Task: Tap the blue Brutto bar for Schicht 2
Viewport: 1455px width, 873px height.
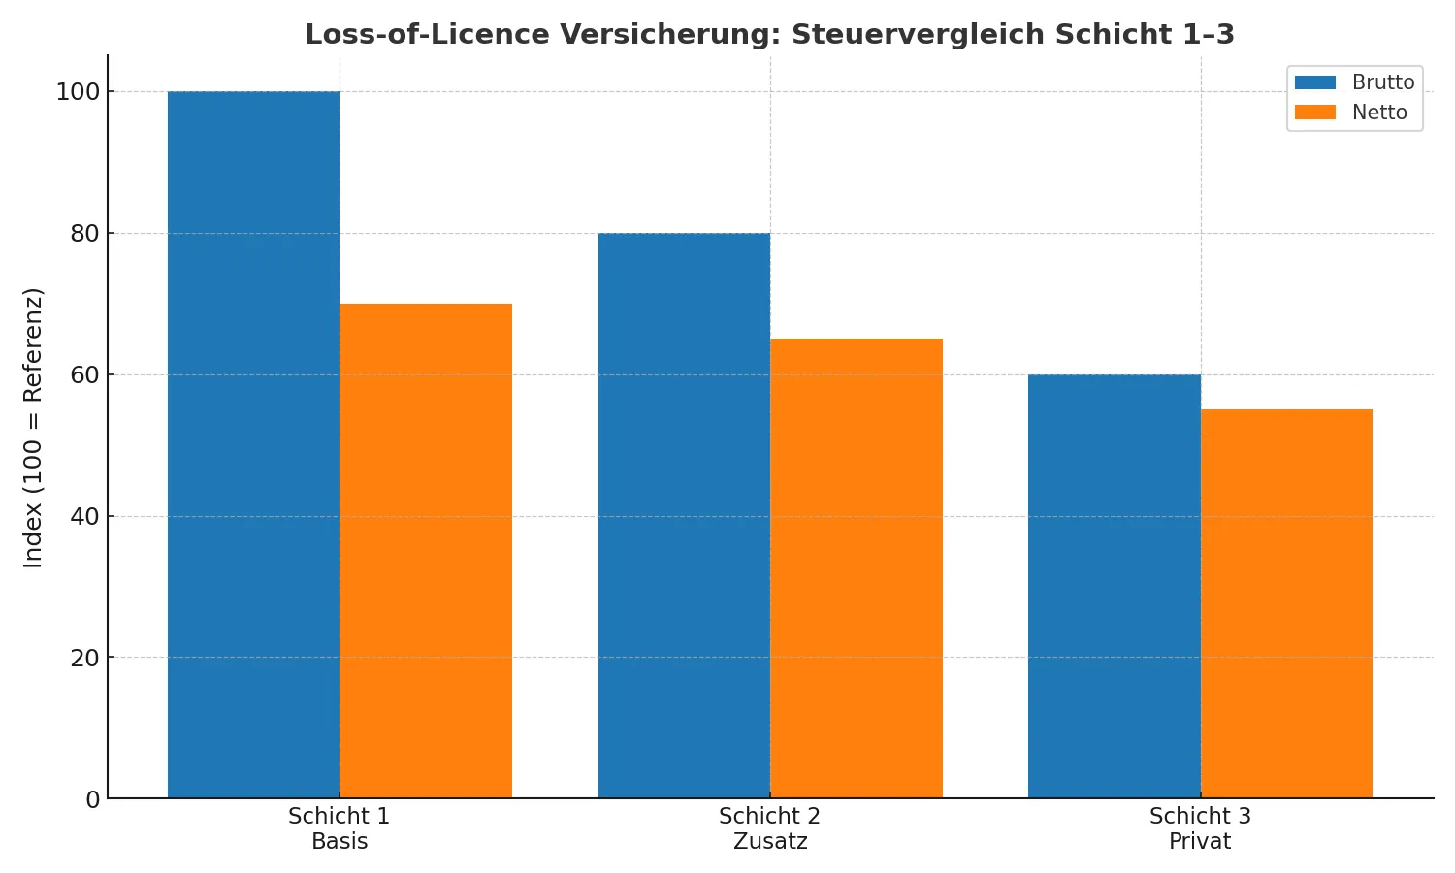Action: tap(684, 515)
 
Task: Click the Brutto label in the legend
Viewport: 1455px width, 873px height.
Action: tap(1383, 82)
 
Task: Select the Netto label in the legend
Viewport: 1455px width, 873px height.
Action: tap(1379, 113)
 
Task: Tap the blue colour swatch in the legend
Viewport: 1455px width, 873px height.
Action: tap(1315, 82)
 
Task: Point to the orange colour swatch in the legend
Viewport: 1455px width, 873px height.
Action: tap(1315, 113)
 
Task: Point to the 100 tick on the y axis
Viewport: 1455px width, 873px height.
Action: tap(78, 92)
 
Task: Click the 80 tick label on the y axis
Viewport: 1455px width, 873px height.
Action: tap(84, 234)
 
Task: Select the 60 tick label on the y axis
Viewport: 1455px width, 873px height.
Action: tap(84, 375)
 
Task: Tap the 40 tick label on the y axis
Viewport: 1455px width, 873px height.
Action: tap(84, 517)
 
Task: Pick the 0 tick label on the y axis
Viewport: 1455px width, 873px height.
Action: tap(92, 799)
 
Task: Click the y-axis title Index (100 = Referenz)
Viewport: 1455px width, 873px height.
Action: tap(34, 427)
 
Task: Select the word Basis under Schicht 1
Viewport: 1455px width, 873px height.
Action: tap(339, 842)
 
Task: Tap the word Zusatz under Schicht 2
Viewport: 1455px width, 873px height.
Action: tap(770, 842)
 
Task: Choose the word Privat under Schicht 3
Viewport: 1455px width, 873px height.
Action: tap(1200, 842)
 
